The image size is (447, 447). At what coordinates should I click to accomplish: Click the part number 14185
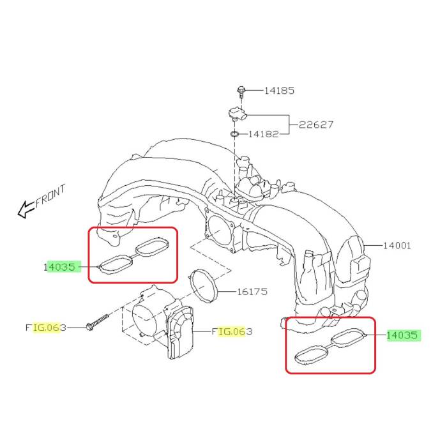(x=279, y=91)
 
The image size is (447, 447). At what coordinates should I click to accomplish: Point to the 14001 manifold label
(x=397, y=245)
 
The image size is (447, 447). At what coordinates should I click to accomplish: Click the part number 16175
(x=252, y=292)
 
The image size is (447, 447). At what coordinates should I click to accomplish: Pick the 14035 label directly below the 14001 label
(x=403, y=335)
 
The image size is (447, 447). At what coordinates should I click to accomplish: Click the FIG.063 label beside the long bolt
(x=46, y=328)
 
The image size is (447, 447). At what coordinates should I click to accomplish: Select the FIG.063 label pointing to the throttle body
(x=233, y=331)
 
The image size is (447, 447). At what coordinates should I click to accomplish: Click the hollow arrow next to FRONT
(x=26, y=208)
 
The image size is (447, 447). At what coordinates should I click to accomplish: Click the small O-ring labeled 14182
(x=235, y=135)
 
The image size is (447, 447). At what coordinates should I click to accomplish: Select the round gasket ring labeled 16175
(x=203, y=285)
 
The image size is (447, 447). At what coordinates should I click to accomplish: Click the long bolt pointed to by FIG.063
(x=96, y=322)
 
